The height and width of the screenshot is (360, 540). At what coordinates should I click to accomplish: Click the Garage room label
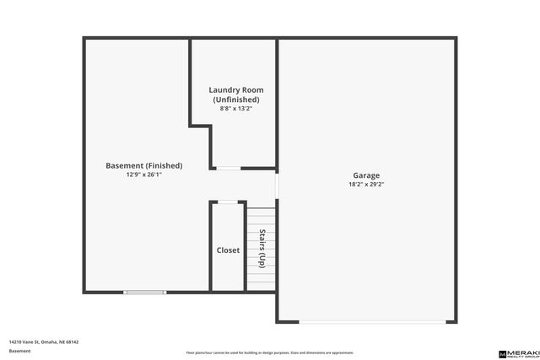366,175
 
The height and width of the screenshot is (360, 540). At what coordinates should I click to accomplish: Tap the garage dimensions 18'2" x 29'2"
366,184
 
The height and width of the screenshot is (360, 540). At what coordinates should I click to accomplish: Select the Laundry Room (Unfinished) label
236,94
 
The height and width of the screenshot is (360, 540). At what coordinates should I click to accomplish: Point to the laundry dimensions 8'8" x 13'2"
236,108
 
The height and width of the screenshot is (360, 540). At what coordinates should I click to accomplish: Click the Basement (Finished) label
143,165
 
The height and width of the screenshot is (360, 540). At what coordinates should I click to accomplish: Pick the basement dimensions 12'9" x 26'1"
143,175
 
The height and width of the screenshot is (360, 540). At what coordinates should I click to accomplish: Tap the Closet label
228,250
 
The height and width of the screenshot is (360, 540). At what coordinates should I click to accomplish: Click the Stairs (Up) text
262,248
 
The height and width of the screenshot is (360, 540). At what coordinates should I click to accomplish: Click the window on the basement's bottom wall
145,293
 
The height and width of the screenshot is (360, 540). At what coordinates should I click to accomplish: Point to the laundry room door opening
228,169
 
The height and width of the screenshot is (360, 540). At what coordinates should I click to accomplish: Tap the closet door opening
228,201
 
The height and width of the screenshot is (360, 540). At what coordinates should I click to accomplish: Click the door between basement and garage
277,185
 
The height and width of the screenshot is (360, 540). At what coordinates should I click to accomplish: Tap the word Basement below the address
19,351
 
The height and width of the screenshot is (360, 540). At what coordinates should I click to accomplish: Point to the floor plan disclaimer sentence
270,352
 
